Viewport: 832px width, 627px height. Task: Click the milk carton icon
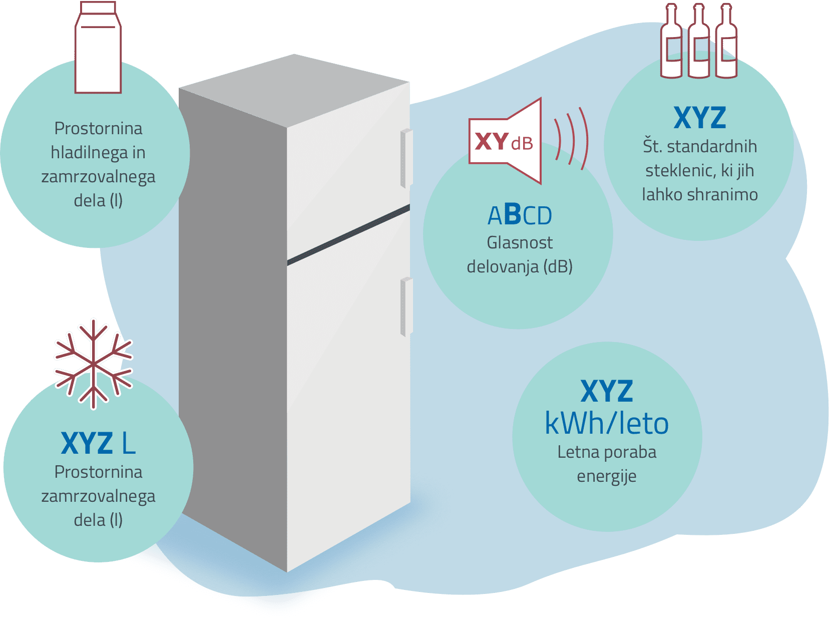pos(98,47)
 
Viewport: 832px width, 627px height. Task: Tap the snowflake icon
pos(93,365)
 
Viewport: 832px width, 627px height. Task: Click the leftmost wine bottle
pos(671,41)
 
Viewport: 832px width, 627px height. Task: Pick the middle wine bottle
pos(698,41)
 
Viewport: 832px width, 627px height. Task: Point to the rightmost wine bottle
pos(726,41)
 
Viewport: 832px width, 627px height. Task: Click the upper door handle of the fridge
pos(406,158)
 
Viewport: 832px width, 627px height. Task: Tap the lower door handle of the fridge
pos(406,306)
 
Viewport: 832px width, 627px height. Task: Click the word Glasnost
pos(520,242)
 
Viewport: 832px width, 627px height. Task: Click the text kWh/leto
pos(606,423)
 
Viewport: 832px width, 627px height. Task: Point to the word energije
pos(606,476)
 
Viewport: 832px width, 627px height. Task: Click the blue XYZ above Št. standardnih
pos(700,118)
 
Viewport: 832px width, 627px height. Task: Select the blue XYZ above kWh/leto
pos(606,391)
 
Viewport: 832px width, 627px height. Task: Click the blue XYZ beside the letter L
pos(87,443)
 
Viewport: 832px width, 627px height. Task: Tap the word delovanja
pos(503,267)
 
